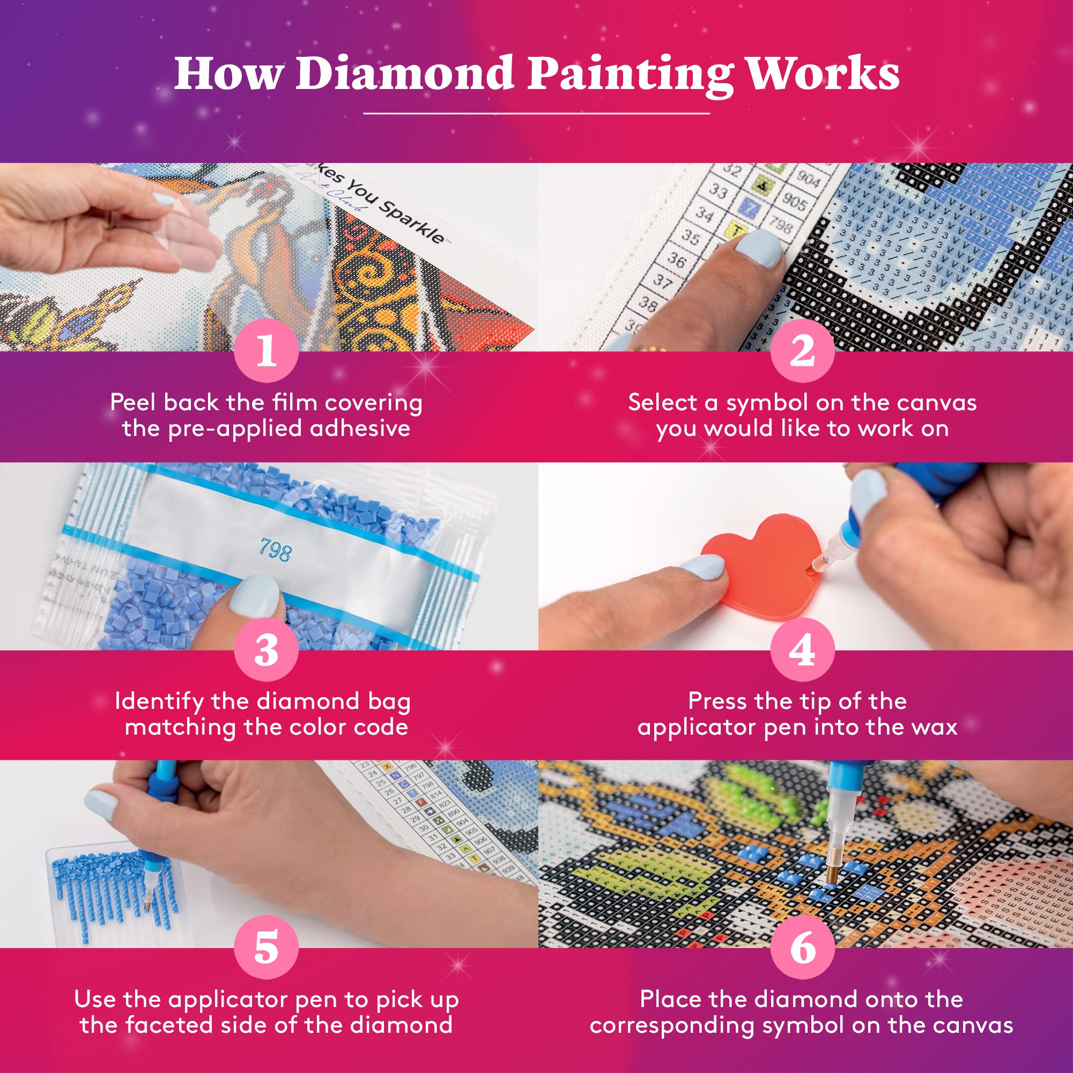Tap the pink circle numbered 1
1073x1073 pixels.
click(267, 351)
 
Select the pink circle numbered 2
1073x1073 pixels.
click(803, 351)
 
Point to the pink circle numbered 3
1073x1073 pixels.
click(267, 650)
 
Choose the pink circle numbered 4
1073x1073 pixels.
click(803, 650)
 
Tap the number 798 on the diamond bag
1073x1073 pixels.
click(276, 550)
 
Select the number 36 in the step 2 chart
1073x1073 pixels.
click(676, 259)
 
